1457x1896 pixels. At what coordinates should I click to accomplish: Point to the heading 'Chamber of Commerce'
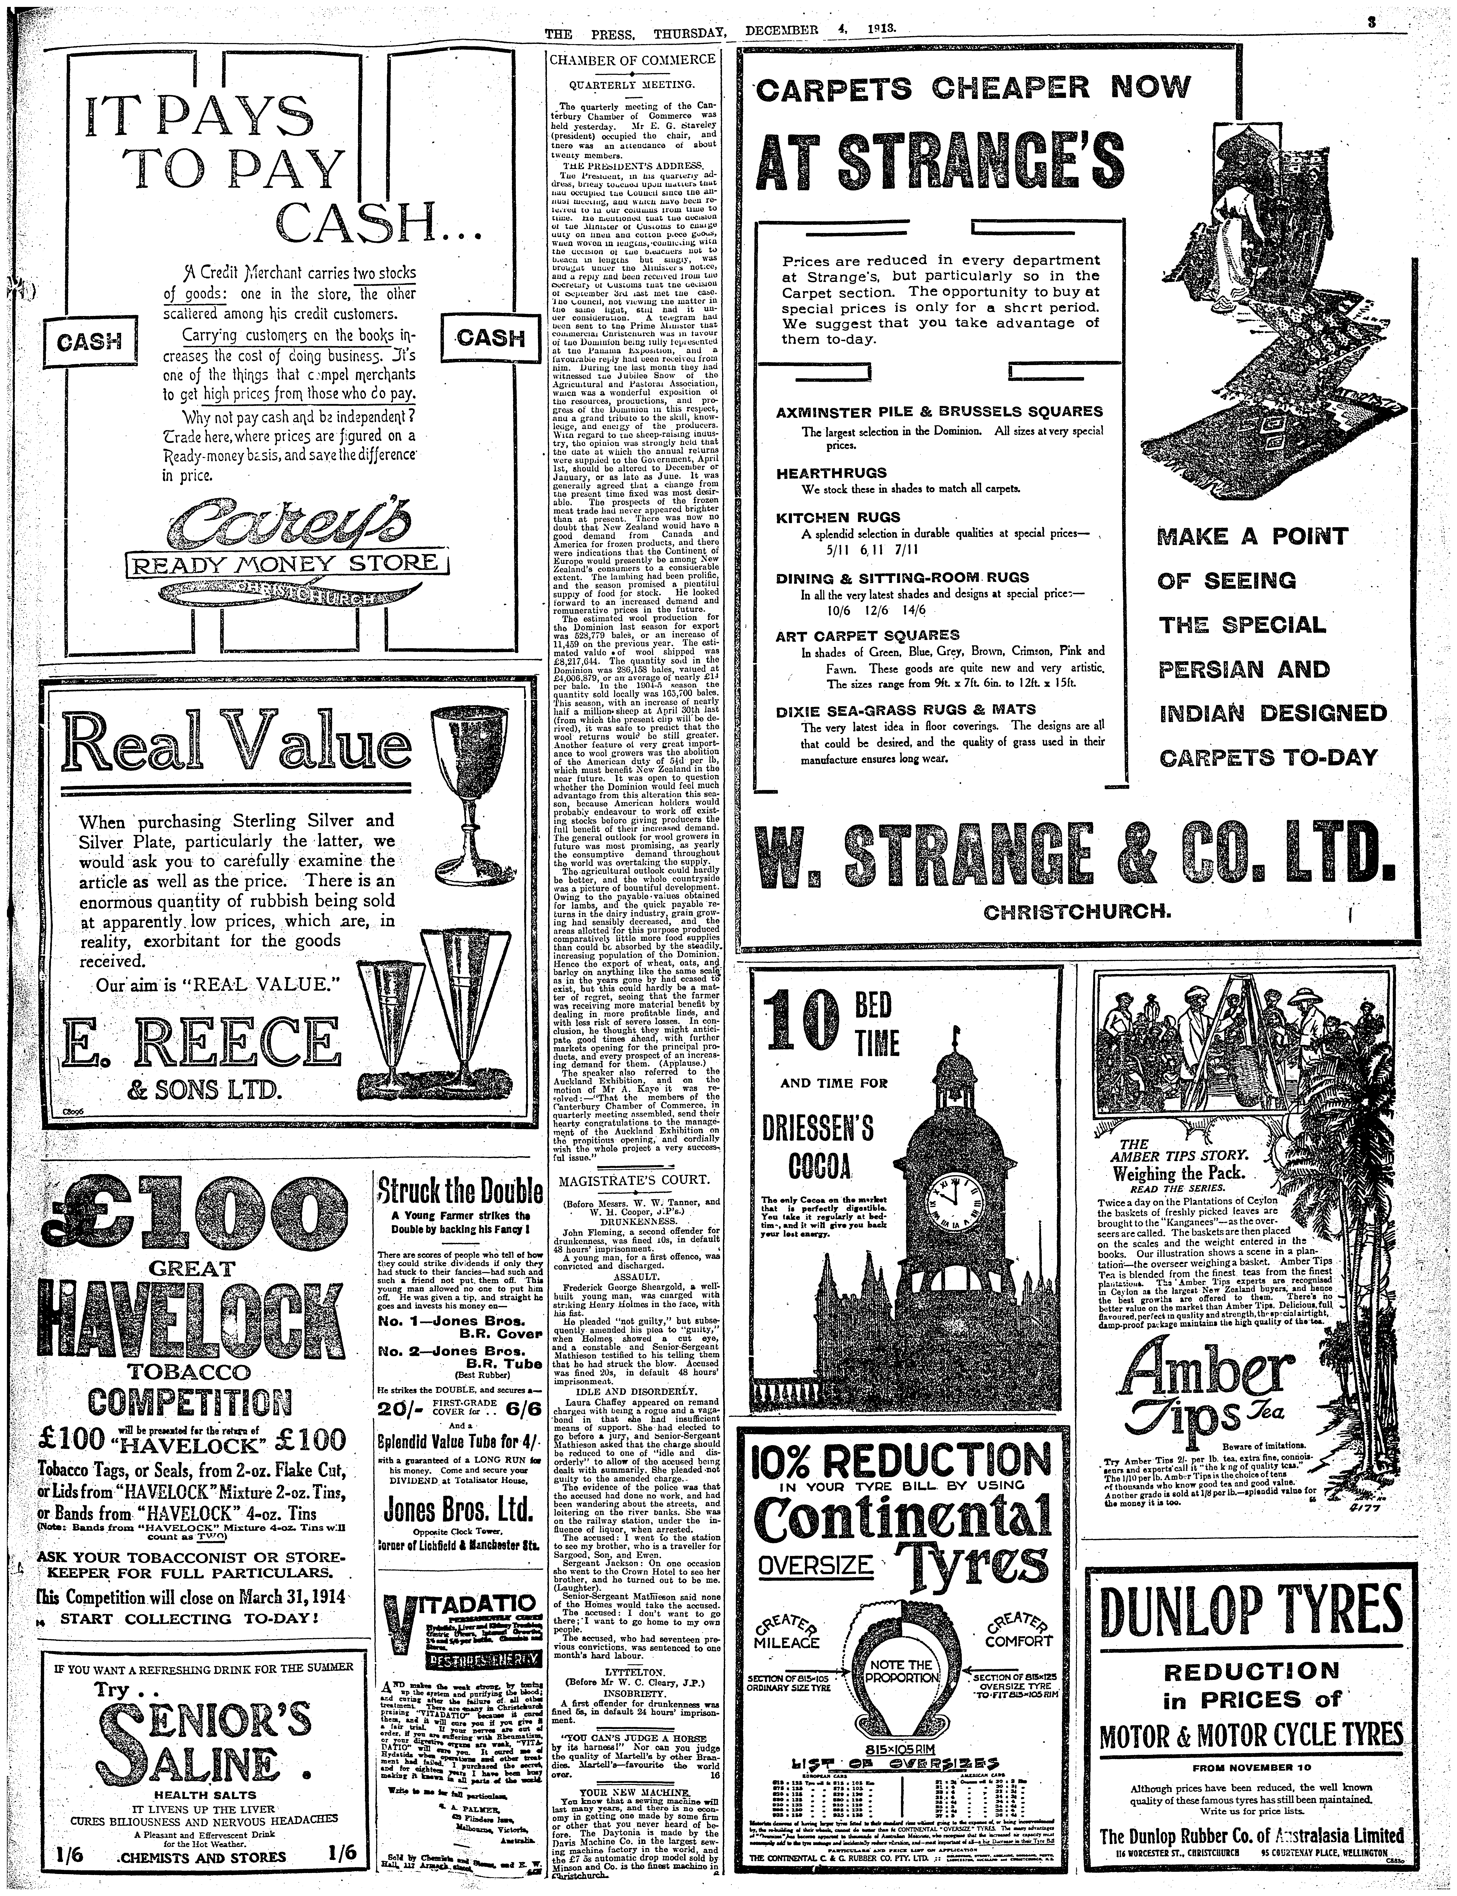pyautogui.click(x=633, y=60)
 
